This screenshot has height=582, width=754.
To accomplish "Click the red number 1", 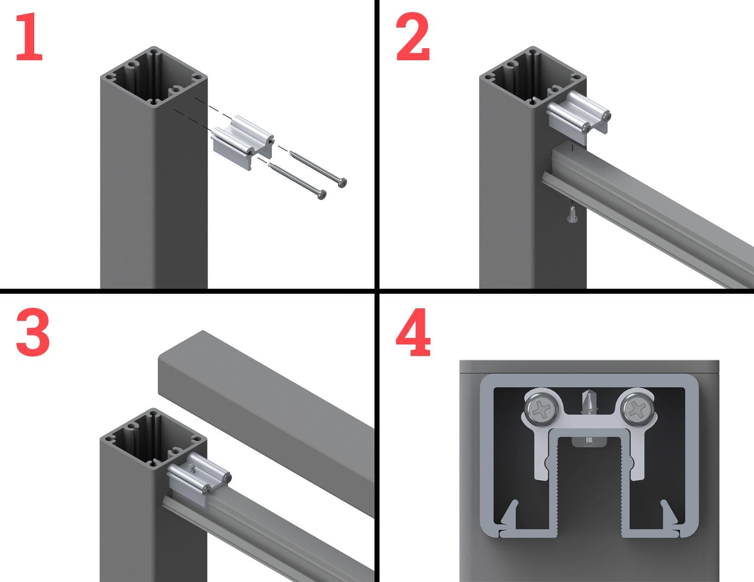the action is click(x=30, y=36).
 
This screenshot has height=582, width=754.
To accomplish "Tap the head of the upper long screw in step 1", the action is click(x=342, y=183).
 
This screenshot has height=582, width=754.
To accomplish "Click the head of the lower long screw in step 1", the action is click(x=322, y=194).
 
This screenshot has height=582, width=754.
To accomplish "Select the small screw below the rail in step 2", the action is click(x=571, y=214).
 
